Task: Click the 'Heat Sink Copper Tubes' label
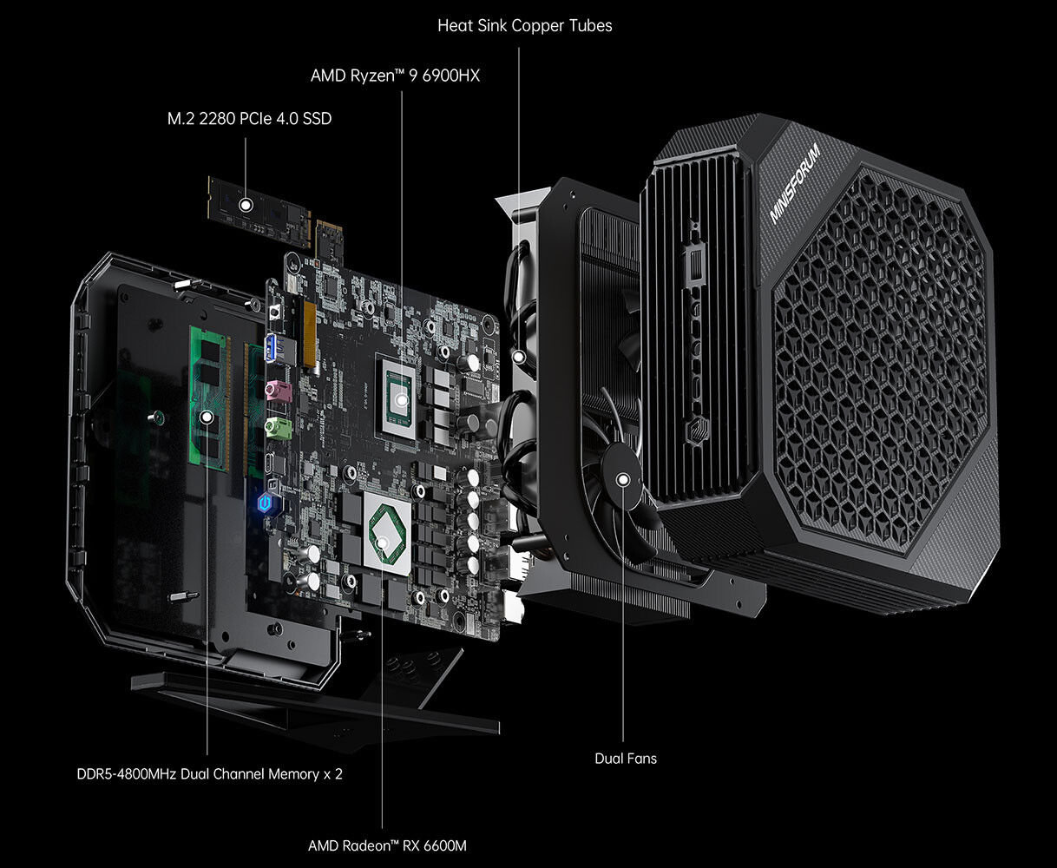click(x=525, y=25)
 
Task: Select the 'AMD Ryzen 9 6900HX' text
click(x=395, y=76)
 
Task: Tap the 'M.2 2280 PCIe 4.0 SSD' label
click(x=249, y=119)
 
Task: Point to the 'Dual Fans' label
click(x=626, y=759)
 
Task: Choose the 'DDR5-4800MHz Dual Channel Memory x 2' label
click(x=209, y=774)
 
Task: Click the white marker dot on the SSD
click(x=246, y=205)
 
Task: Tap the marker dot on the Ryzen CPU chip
click(x=402, y=399)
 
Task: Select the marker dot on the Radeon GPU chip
click(x=382, y=542)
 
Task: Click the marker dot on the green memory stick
click(x=207, y=418)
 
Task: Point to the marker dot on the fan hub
click(x=623, y=480)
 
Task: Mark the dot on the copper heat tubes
click(x=519, y=357)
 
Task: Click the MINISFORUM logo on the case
click(x=795, y=182)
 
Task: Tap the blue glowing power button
click(x=266, y=503)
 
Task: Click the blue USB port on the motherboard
click(x=273, y=347)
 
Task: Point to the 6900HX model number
click(x=451, y=76)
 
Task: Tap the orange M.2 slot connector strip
click(x=310, y=335)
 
